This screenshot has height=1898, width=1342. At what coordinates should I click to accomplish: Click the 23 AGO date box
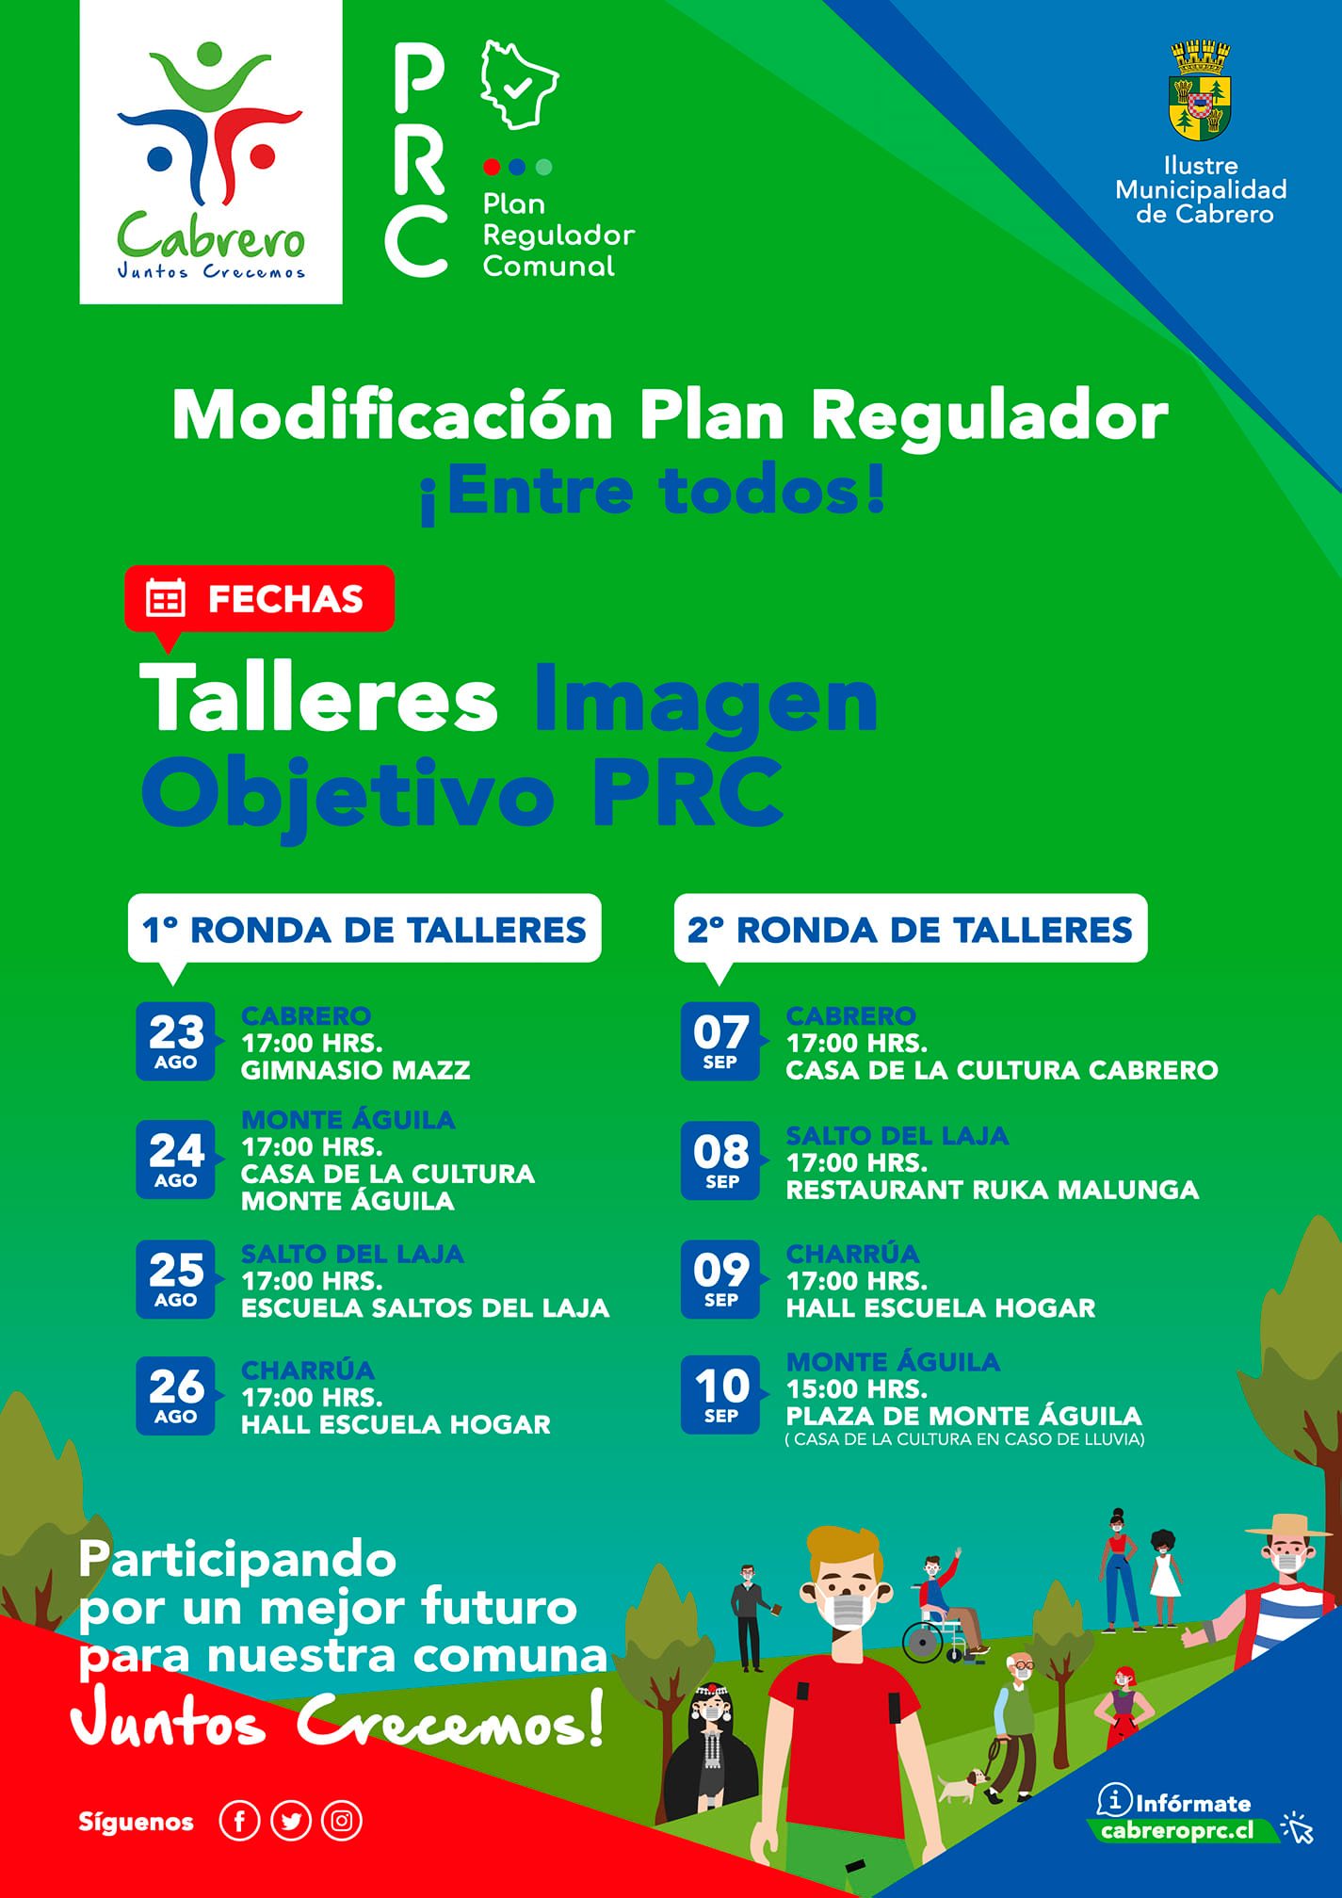pos(176,1041)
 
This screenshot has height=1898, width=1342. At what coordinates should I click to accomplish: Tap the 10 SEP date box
pos(720,1395)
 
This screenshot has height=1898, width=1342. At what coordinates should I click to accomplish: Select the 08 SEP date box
pos(720,1160)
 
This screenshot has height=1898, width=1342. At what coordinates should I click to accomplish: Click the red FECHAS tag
pos(259,598)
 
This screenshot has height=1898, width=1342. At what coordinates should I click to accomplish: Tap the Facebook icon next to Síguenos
pos(239,1822)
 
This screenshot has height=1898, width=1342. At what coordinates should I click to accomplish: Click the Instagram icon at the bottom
pos(342,1822)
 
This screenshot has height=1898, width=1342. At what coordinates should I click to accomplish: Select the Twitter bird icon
pos(290,1822)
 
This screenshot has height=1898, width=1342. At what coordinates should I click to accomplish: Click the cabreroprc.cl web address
pos(1176,1831)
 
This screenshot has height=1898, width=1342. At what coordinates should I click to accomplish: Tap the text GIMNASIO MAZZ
pos(356,1070)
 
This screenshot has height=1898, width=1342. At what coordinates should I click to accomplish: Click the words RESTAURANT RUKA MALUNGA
pos(993,1190)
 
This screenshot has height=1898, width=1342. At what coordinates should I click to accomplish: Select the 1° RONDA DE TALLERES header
pos(364,930)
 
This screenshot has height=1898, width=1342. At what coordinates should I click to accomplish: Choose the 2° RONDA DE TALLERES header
pos(911,930)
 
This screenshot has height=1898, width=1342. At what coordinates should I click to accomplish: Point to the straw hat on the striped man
pos(1290,1527)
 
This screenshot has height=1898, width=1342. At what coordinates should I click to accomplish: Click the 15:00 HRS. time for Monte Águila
pos(857,1388)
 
